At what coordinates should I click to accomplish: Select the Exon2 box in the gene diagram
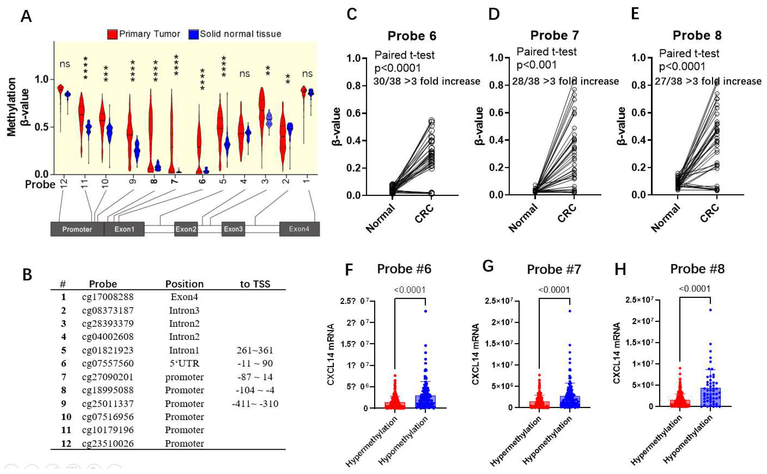point(186,229)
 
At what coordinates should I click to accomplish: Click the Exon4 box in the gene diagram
point(299,229)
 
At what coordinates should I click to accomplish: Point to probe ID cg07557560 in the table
point(108,364)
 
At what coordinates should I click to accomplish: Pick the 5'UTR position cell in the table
point(184,364)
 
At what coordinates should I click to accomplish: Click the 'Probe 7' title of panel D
point(554,36)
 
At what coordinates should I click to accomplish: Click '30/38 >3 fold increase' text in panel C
point(426,81)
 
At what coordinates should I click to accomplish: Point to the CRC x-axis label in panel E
point(710,213)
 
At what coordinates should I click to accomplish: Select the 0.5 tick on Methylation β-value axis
point(41,127)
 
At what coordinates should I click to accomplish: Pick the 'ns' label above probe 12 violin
point(65,64)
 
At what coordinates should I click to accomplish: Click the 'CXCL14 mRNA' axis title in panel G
point(476,354)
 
